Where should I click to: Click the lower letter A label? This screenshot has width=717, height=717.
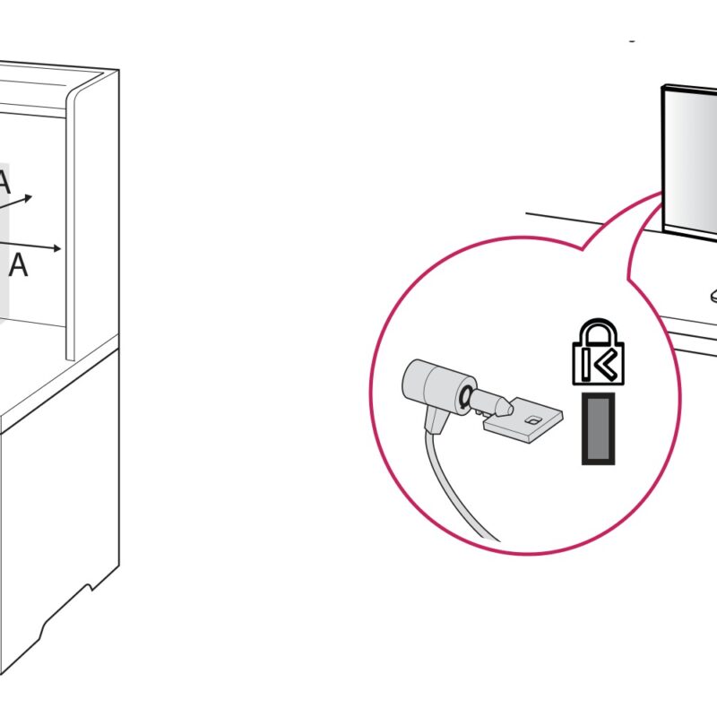tap(18, 264)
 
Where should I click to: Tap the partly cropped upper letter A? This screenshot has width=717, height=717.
tap(4, 182)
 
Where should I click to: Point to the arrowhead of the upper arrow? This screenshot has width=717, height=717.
tap(29, 198)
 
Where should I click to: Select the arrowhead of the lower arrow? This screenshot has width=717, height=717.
tap(57, 248)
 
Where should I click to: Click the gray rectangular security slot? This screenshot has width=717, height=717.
tap(598, 428)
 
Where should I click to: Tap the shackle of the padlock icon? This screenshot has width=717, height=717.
tap(598, 330)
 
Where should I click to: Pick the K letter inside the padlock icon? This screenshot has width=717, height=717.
tap(598, 365)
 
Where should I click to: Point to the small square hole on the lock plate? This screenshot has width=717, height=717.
tap(532, 419)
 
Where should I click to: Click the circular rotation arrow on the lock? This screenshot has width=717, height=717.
tap(465, 395)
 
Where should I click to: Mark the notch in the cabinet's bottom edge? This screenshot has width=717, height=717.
tap(90, 587)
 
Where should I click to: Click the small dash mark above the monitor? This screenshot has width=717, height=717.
tap(632, 41)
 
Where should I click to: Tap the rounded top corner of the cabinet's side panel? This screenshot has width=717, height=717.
tap(73, 93)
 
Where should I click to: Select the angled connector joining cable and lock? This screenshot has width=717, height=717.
tap(436, 419)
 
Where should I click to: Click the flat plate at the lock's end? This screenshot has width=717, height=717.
tap(523, 419)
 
